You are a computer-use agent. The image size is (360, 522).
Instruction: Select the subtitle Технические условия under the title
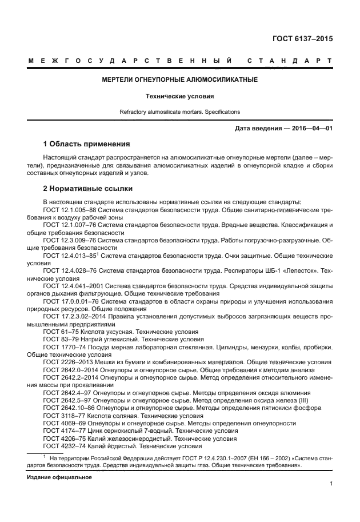[x=179, y=97]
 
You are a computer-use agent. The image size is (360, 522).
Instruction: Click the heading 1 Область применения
[x=86, y=144]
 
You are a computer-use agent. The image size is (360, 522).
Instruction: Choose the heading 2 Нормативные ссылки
[x=88, y=188]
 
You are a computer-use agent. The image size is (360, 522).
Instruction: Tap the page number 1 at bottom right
[x=331, y=484]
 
